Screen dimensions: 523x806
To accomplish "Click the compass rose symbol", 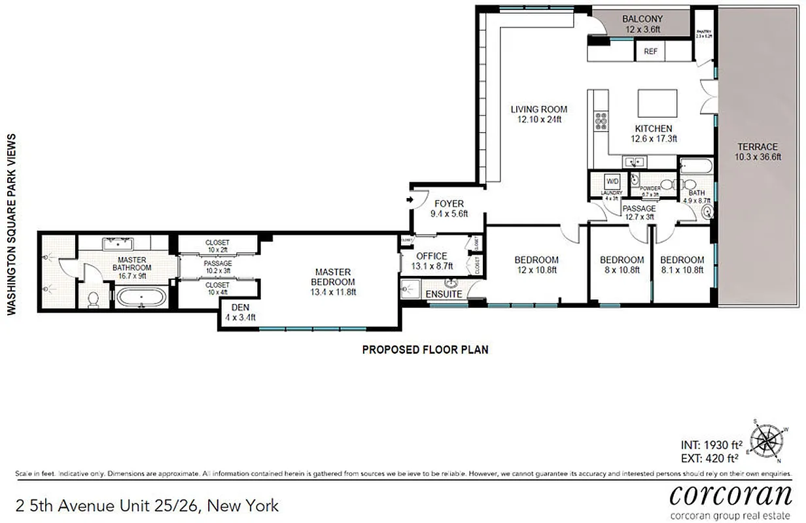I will click(x=767, y=440).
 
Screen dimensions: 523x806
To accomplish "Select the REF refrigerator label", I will click(x=650, y=52).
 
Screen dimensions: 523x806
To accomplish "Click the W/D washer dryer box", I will click(x=612, y=181).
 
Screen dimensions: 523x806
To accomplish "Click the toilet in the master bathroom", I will click(x=93, y=299).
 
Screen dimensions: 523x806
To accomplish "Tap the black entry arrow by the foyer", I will click(x=410, y=199).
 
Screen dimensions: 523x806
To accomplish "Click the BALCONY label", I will click(x=642, y=19).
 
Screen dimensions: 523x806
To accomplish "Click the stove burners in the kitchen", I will click(x=600, y=122).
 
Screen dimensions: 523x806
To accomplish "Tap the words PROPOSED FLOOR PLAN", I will click(x=425, y=350).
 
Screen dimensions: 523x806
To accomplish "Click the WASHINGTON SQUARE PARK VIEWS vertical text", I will click(x=11, y=224).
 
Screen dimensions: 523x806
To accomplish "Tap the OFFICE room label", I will click(x=432, y=256).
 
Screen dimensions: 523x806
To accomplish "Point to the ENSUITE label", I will click(x=444, y=295).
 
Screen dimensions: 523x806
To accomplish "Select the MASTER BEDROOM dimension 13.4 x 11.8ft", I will click(x=333, y=292).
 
